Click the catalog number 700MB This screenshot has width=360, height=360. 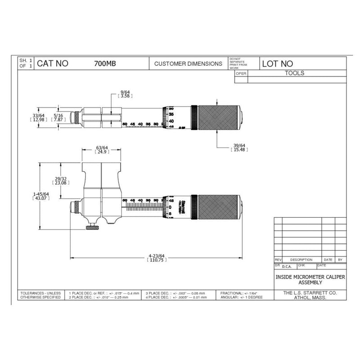click(104, 64)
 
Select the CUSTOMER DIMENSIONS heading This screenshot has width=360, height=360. click(188, 64)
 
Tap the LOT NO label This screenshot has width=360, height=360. click(278, 64)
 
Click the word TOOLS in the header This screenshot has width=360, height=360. click(295, 73)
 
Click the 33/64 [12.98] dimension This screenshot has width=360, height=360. click(33, 118)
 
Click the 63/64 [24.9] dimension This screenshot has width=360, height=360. click(102, 150)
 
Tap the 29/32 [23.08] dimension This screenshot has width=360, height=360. click(60, 181)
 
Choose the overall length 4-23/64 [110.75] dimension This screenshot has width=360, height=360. click(156, 258)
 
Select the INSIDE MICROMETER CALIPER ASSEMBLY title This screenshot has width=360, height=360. click(310, 279)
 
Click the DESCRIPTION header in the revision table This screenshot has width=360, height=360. click(301, 260)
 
